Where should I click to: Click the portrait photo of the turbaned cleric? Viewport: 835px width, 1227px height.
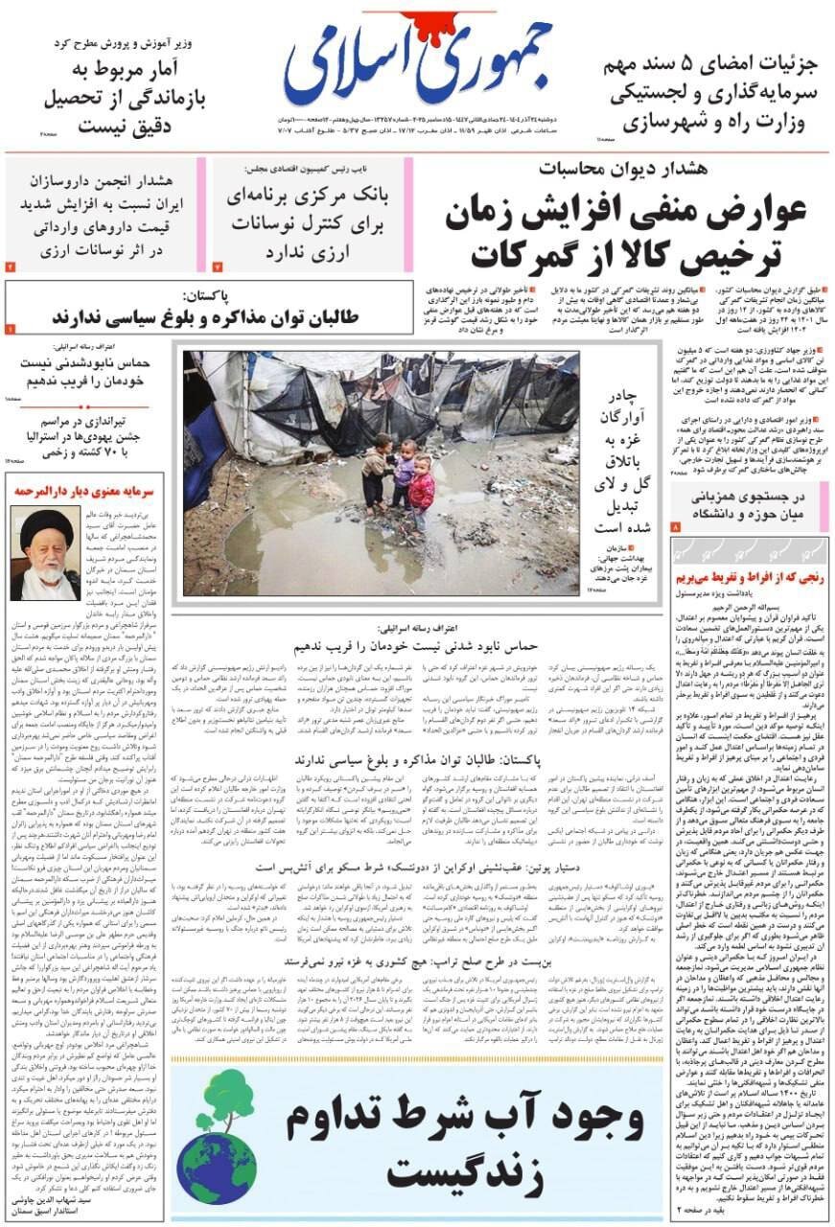(45, 553)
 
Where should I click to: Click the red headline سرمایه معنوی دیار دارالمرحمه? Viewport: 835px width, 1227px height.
(84, 491)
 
